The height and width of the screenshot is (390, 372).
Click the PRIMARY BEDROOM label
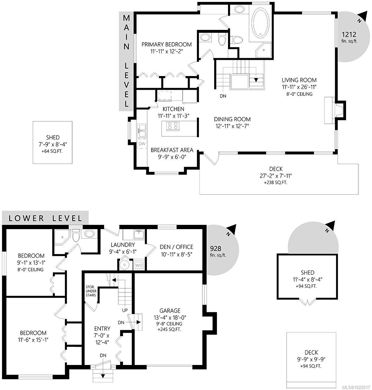(x=166, y=45)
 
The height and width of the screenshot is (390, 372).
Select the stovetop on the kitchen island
(x=172, y=125)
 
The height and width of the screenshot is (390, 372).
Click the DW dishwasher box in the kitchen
(x=142, y=143)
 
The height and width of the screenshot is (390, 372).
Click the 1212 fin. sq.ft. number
(x=349, y=34)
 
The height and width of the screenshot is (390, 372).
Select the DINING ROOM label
(x=232, y=119)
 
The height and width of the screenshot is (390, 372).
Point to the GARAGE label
(x=170, y=311)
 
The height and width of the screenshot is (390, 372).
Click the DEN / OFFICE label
(x=176, y=247)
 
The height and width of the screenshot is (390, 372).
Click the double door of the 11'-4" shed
(x=307, y=302)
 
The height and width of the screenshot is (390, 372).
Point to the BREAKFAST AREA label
(x=172, y=150)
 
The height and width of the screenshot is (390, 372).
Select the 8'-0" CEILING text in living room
(x=299, y=94)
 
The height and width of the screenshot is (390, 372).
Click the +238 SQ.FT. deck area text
(x=276, y=183)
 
